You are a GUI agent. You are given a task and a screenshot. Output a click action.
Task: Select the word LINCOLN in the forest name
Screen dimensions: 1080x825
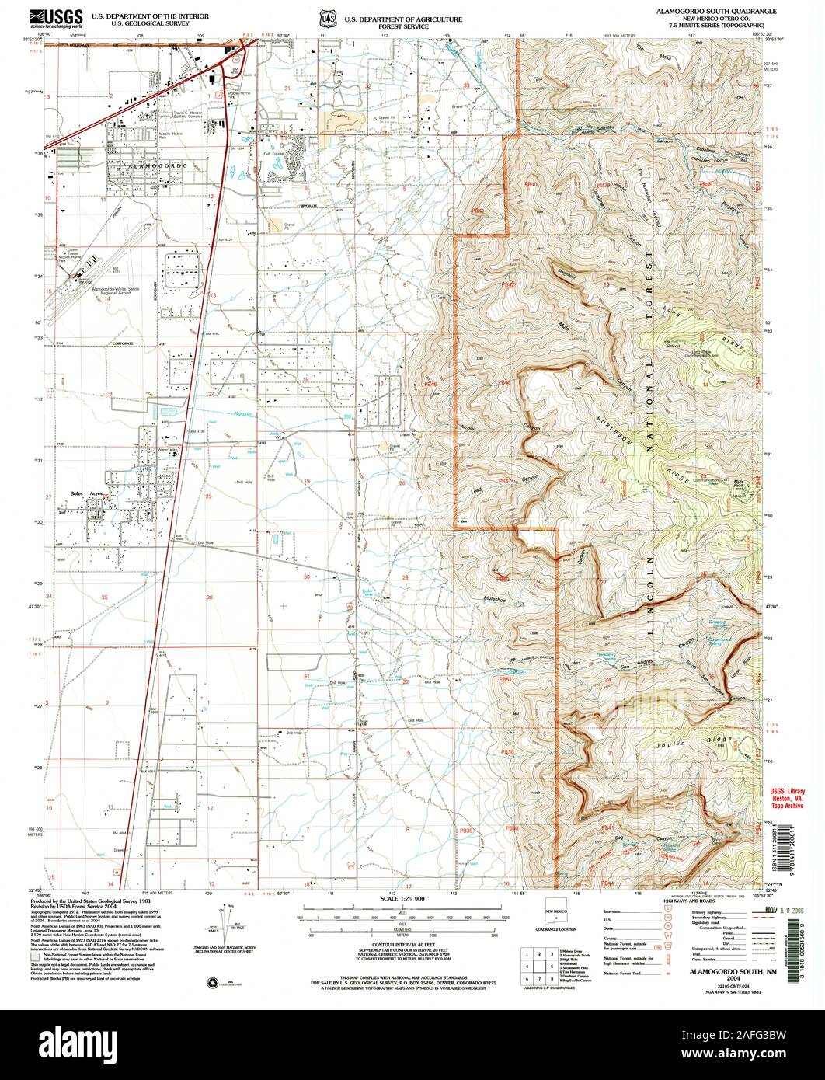pyautogui.click(x=651, y=600)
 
